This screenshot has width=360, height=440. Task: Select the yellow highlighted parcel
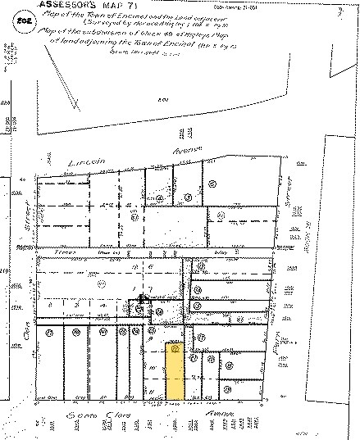pos(174,373)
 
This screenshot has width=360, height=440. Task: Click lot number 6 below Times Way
pos(150,267)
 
